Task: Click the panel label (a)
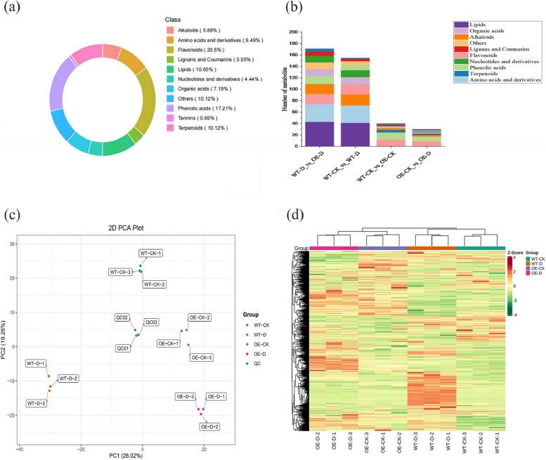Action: (x=13, y=12)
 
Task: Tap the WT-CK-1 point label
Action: (x=150, y=253)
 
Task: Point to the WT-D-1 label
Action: (x=36, y=363)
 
